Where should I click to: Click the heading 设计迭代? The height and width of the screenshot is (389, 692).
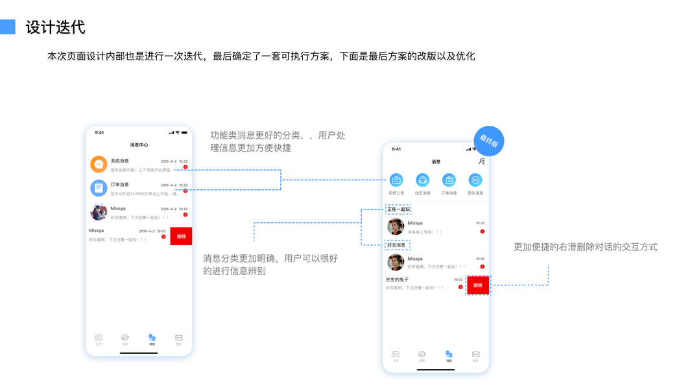(55, 28)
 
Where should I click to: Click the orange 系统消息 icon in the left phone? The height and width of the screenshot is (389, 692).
(99, 165)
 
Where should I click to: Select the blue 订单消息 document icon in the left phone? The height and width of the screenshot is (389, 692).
(99, 188)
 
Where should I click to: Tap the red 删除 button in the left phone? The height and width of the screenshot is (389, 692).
(181, 236)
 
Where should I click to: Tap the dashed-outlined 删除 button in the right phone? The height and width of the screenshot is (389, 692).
(478, 285)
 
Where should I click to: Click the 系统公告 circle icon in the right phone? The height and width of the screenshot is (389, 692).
(396, 180)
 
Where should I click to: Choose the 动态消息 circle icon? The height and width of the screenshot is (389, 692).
(423, 180)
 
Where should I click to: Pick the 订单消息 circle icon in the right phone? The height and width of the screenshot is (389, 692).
(449, 180)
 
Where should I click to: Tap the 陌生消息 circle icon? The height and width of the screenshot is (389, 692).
(475, 180)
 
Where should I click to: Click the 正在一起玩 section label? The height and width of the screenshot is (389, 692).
(398, 209)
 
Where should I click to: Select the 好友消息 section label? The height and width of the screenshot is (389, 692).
(396, 245)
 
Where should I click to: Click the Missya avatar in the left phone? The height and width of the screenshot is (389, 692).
(99, 212)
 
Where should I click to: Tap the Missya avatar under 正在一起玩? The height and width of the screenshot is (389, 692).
(396, 226)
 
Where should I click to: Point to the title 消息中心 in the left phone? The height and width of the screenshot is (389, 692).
(139, 145)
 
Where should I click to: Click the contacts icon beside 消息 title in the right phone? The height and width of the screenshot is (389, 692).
(481, 161)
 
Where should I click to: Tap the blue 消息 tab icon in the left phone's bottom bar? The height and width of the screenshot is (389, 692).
(152, 338)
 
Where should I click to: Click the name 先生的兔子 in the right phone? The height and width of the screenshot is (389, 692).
(397, 279)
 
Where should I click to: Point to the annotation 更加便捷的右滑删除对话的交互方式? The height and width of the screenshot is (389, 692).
(585, 247)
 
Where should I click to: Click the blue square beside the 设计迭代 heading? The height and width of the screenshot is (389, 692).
(7, 27)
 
